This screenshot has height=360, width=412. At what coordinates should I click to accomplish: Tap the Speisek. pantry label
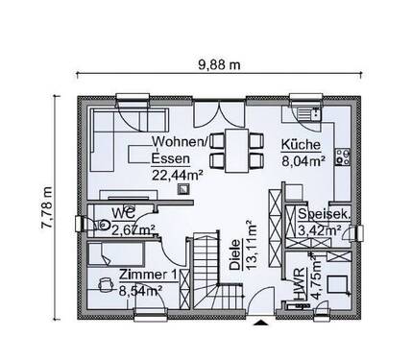323,214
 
